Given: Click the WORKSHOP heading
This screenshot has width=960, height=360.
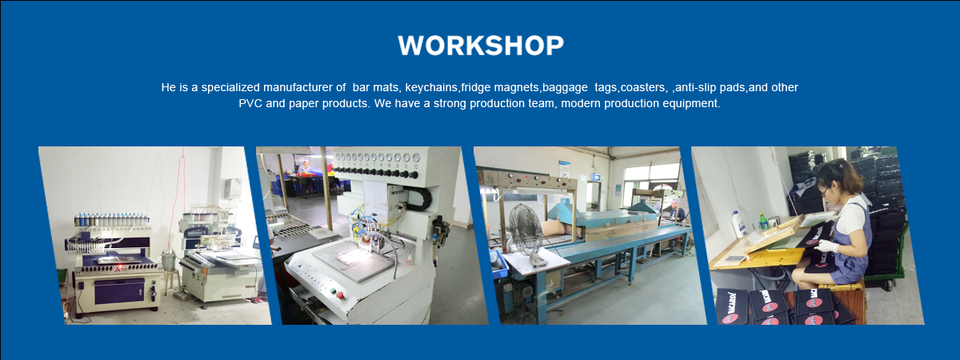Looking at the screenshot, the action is [481, 46].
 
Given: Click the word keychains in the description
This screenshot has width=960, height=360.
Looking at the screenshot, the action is [431, 88].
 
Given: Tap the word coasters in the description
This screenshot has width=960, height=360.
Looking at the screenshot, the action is [642, 88].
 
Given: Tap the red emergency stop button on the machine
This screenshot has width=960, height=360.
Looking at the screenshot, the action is [341, 295].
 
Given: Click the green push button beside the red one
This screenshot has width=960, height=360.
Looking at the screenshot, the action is [333, 290].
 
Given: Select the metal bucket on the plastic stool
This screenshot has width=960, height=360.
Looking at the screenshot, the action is [169, 261].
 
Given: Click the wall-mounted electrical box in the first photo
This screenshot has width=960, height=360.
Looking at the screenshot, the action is [233, 189].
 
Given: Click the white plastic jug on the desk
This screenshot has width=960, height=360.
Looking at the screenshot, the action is [739, 224].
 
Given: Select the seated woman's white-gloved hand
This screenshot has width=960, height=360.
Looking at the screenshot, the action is [826, 246].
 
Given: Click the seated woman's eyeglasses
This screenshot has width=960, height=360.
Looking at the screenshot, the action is [825, 190].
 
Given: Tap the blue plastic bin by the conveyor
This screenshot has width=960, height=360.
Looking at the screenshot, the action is [499, 262].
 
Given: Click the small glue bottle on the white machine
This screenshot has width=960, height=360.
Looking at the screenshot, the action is [410, 259].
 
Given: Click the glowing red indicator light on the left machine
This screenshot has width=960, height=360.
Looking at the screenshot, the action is [121, 267].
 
